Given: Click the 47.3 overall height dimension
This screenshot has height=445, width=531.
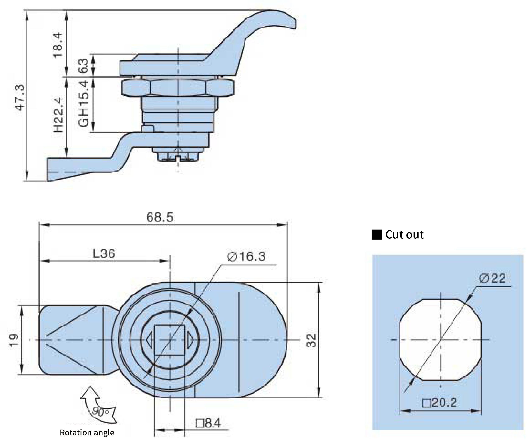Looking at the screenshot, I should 20,98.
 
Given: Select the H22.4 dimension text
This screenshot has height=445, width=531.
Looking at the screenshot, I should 58,115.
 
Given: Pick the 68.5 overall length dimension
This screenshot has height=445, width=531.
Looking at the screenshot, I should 160,217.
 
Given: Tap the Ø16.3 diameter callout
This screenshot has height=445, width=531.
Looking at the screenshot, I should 247,257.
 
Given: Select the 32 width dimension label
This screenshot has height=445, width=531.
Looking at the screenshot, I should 311,340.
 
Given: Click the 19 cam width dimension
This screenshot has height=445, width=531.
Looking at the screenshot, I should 14,340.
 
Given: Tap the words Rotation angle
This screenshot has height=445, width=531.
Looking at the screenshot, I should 87,433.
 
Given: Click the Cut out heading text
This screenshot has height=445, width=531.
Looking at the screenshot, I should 404,235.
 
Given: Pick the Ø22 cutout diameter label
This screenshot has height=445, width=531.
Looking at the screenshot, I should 493,278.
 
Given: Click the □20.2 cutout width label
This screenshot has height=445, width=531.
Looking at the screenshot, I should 440,402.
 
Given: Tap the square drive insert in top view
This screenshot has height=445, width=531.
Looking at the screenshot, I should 170,340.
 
